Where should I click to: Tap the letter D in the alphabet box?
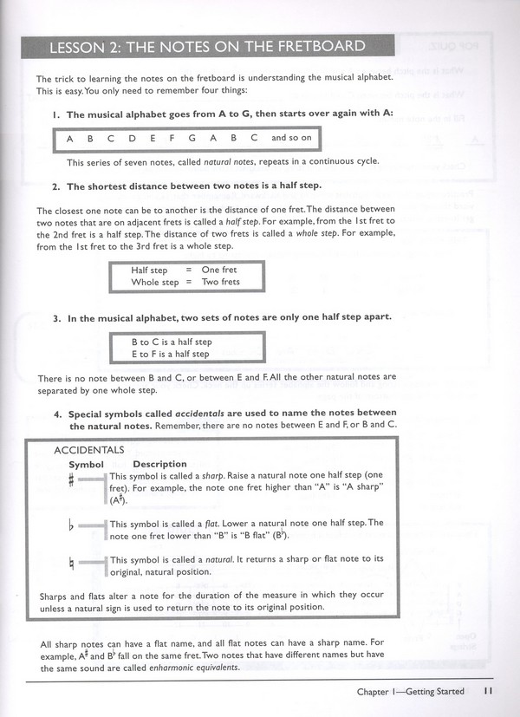click(x=132, y=138)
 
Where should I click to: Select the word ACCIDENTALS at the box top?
click(x=89, y=450)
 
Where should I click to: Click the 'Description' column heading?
click(x=160, y=464)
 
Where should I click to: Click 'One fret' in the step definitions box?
click(x=218, y=271)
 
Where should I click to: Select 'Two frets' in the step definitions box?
click(x=220, y=282)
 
